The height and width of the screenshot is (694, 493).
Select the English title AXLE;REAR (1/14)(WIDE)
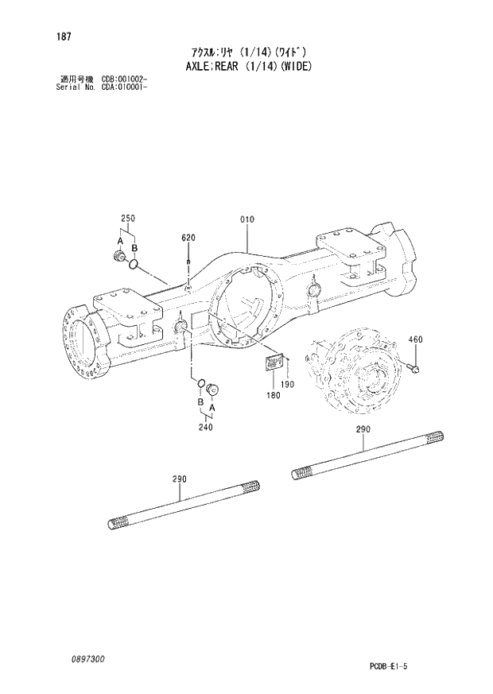tap(246, 66)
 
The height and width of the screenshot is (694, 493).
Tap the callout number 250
tap(127, 219)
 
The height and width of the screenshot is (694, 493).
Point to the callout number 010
tap(246, 219)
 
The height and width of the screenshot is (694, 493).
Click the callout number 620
tap(188, 238)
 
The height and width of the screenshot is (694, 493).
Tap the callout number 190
tap(287, 385)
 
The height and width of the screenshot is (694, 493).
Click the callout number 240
tap(207, 425)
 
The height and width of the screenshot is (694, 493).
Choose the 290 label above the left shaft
tap(179, 479)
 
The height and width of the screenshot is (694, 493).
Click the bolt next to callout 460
tap(413, 366)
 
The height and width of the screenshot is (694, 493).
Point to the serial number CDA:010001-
tap(124, 87)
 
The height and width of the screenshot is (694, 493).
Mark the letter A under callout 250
tap(120, 240)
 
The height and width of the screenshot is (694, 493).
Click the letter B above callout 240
tap(199, 403)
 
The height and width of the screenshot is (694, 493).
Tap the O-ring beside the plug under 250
tap(136, 263)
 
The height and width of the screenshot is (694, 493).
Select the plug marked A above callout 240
tap(212, 389)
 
